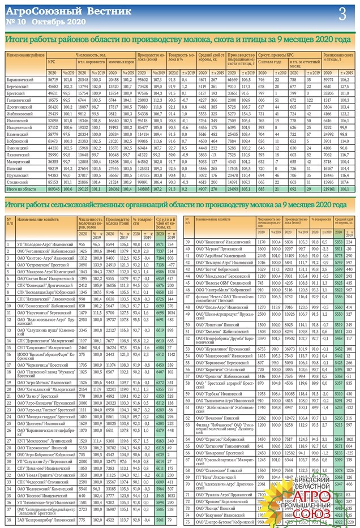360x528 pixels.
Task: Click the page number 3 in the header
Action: coord(342,14)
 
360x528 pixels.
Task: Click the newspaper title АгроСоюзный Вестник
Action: coord(68,11)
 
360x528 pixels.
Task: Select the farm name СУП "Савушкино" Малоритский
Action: coord(45,349)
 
